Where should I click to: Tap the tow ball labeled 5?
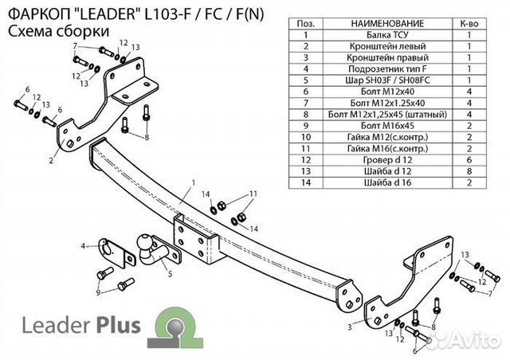[147, 243]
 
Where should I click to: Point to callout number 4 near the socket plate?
[83, 247]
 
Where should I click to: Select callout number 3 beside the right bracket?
[350, 327]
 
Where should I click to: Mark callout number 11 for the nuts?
[253, 194]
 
